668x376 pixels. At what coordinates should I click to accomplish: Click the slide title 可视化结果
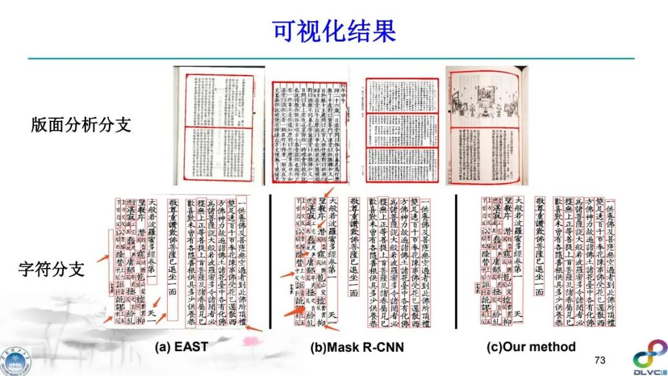click(x=334, y=30)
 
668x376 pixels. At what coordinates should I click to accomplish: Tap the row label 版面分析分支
click(x=81, y=125)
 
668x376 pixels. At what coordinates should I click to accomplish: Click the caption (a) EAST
click(x=181, y=346)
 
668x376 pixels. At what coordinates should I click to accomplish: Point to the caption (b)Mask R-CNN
click(x=357, y=347)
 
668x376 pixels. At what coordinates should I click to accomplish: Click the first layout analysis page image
click(x=216, y=126)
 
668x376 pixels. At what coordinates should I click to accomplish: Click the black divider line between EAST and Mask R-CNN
click(x=270, y=266)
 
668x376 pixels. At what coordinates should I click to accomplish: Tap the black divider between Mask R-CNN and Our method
click(x=456, y=266)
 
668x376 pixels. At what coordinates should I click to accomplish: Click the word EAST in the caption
click(x=190, y=346)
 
